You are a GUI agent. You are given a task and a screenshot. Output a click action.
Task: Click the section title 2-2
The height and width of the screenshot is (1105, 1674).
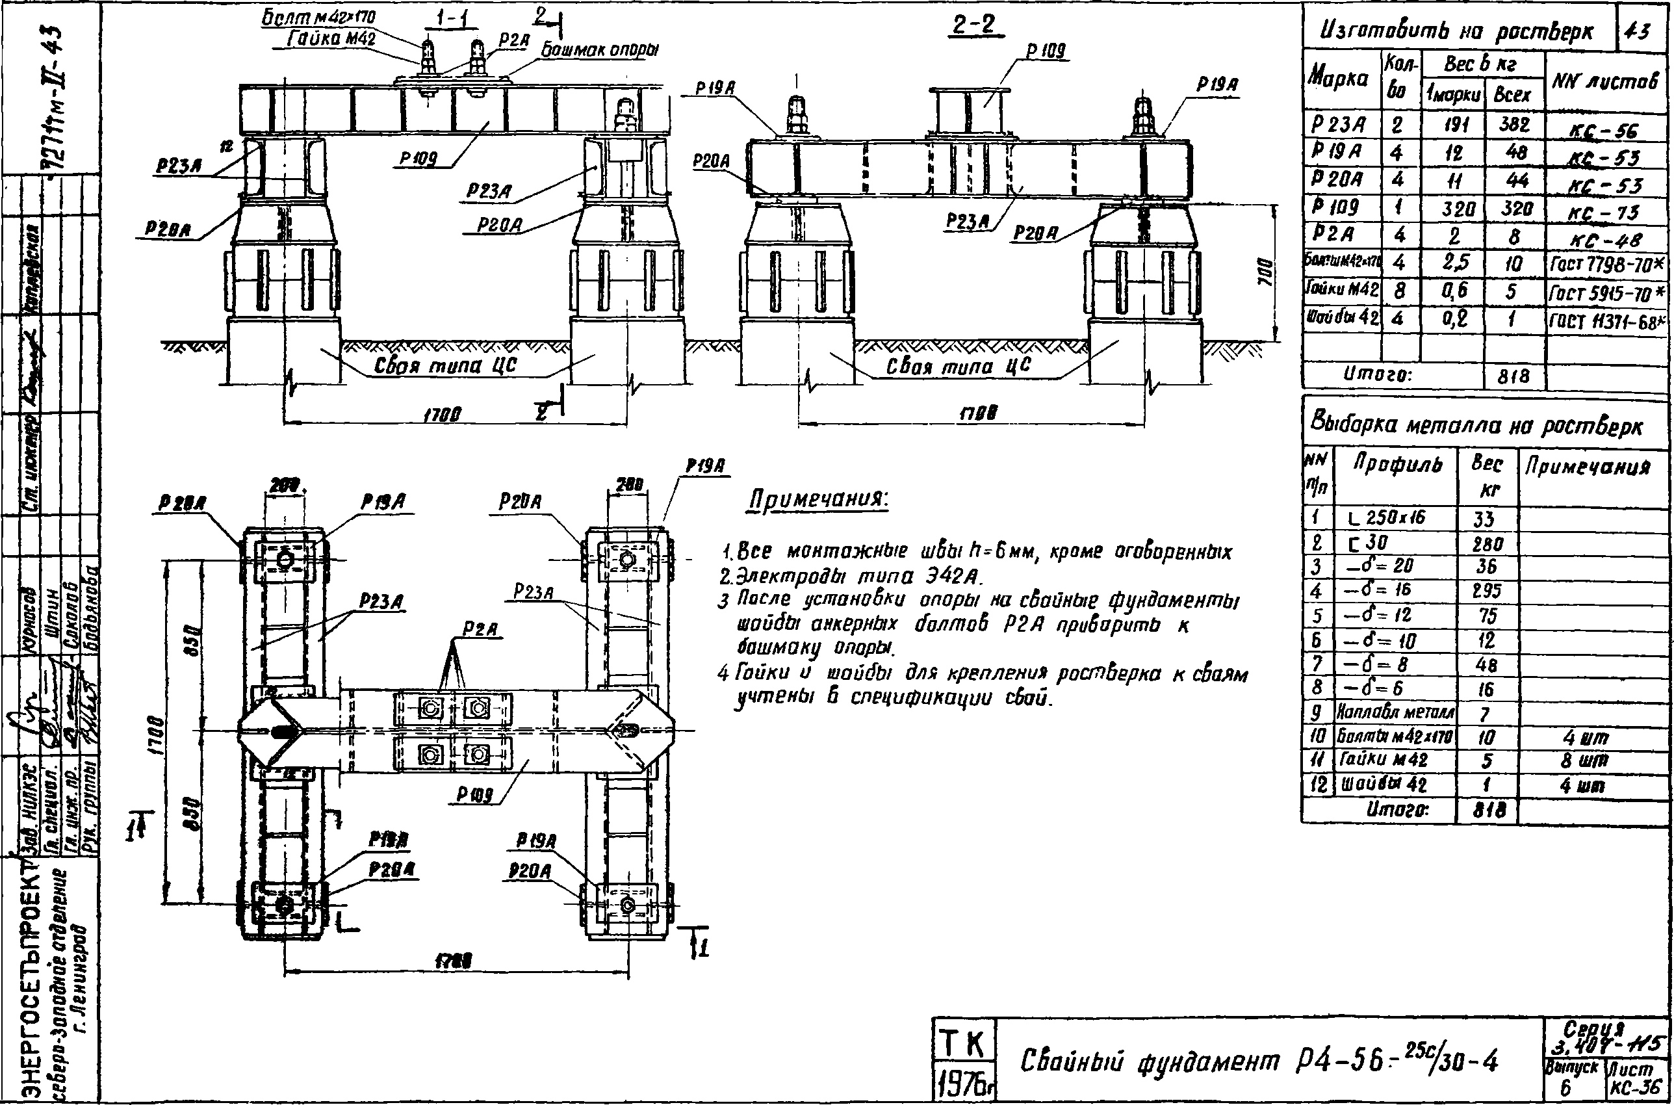[974, 26]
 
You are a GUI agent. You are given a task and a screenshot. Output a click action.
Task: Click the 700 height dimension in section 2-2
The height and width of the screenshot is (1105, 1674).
[1266, 271]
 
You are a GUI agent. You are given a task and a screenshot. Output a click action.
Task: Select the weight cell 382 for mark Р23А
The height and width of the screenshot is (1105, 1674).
[1514, 125]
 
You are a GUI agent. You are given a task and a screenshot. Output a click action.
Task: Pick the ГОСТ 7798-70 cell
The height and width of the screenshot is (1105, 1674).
[1607, 265]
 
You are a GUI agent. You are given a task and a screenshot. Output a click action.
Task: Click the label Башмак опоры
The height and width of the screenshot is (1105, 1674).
[600, 50]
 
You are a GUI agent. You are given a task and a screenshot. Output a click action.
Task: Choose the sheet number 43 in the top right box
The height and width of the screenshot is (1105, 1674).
[1644, 31]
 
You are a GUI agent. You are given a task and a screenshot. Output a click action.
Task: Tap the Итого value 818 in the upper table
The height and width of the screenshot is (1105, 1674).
[1514, 376]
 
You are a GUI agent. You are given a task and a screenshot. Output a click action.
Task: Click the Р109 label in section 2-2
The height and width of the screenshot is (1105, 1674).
[1046, 51]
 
